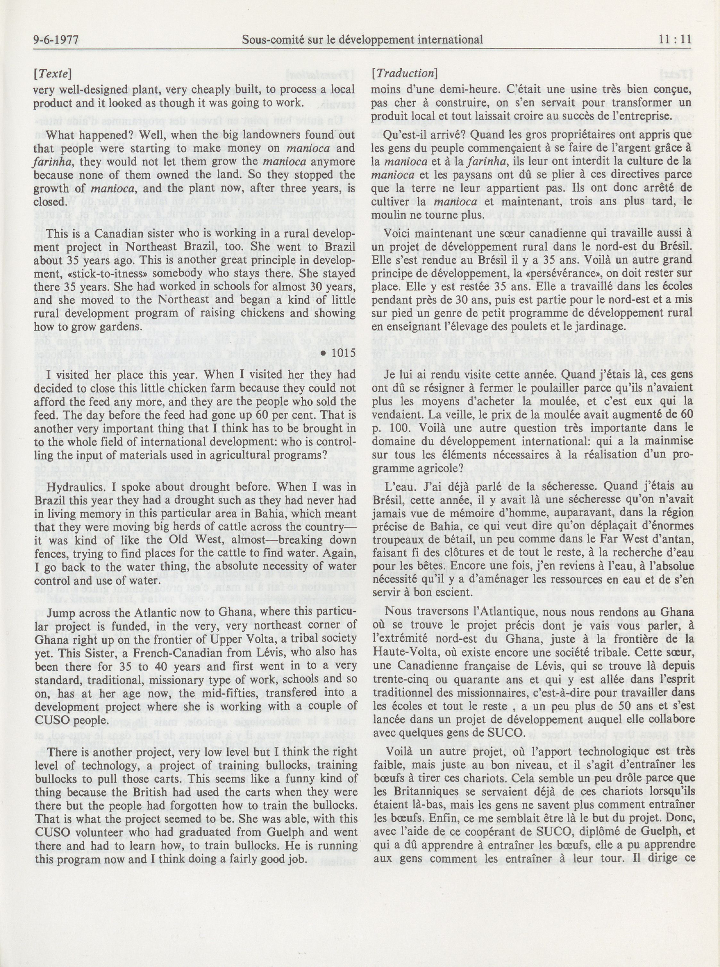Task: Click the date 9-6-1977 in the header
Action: (x=55, y=40)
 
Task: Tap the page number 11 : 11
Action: (x=675, y=40)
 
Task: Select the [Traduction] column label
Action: (x=404, y=74)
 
